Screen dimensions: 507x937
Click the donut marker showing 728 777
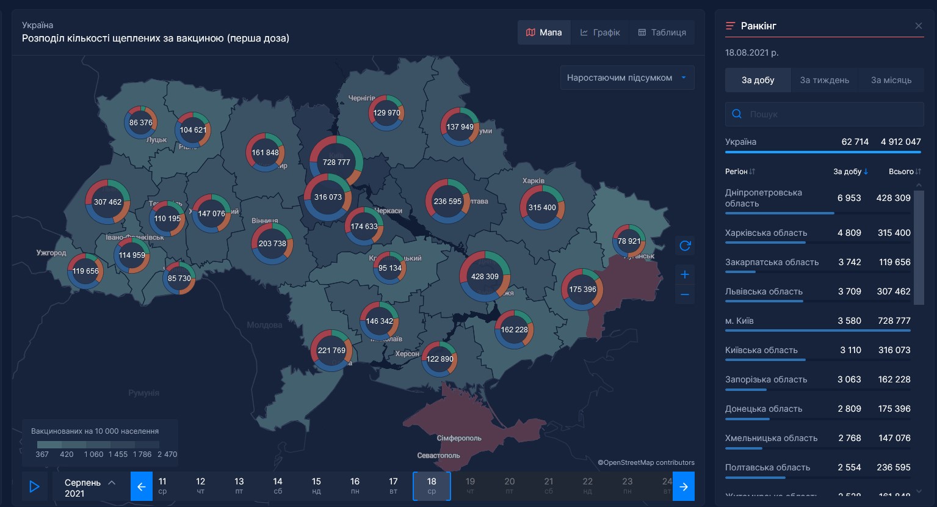(336, 162)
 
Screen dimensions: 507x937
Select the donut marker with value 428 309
(485, 276)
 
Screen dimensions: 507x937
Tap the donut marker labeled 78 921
(629, 241)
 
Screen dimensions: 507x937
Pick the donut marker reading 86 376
(141, 122)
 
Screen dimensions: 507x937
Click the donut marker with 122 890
(440, 359)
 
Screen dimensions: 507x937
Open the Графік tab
(600, 32)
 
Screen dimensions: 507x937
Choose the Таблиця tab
(662, 32)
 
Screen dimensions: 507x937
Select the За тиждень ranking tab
(824, 80)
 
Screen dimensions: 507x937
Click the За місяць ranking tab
(891, 80)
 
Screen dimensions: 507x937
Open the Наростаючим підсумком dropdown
(627, 78)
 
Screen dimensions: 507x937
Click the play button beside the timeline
(35, 486)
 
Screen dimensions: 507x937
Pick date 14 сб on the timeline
(278, 486)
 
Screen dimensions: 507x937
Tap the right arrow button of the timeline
(684, 486)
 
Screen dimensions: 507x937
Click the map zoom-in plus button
(685, 274)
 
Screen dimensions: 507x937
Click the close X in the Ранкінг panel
(918, 26)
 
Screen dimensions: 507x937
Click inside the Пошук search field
(830, 114)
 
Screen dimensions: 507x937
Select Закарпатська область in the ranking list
(772, 262)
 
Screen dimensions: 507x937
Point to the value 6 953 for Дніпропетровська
(849, 198)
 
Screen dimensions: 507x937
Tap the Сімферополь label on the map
(459, 438)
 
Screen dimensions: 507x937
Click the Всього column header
(901, 172)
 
